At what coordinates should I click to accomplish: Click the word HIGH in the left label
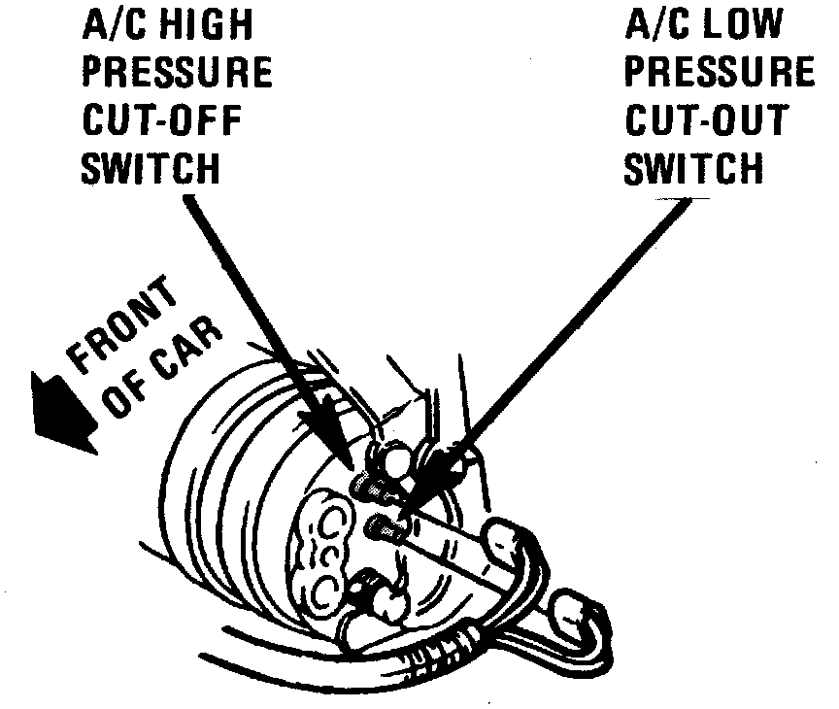tap(204, 25)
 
